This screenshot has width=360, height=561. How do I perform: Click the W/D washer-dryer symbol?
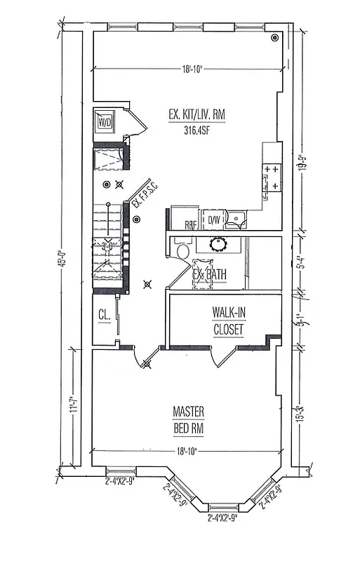tap(105, 123)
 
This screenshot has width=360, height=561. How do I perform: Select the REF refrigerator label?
tap(190, 224)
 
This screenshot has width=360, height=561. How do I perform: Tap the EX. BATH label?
tap(209, 275)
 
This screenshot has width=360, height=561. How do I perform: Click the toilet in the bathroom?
tap(183, 251)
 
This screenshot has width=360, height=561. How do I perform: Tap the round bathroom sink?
tap(218, 245)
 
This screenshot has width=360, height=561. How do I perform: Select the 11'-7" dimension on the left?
tap(75, 409)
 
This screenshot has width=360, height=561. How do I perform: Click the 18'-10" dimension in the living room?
tap(192, 69)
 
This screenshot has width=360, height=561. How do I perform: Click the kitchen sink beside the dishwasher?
tap(238, 220)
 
